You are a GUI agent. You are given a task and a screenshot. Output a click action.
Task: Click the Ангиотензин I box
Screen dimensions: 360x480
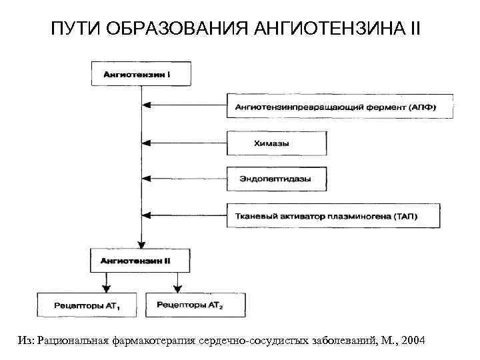tap(141, 73)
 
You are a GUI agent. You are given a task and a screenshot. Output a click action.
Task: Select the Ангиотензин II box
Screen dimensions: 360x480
tap(141, 260)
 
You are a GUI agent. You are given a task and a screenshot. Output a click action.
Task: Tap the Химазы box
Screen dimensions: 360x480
tap(277, 143)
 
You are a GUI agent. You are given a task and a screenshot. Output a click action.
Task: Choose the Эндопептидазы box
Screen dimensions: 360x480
tap(277, 179)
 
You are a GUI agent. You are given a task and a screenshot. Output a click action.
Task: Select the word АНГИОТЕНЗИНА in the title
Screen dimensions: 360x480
tap(347, 29)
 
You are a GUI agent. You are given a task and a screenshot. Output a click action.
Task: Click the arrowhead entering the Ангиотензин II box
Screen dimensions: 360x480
tap(141, 245)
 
